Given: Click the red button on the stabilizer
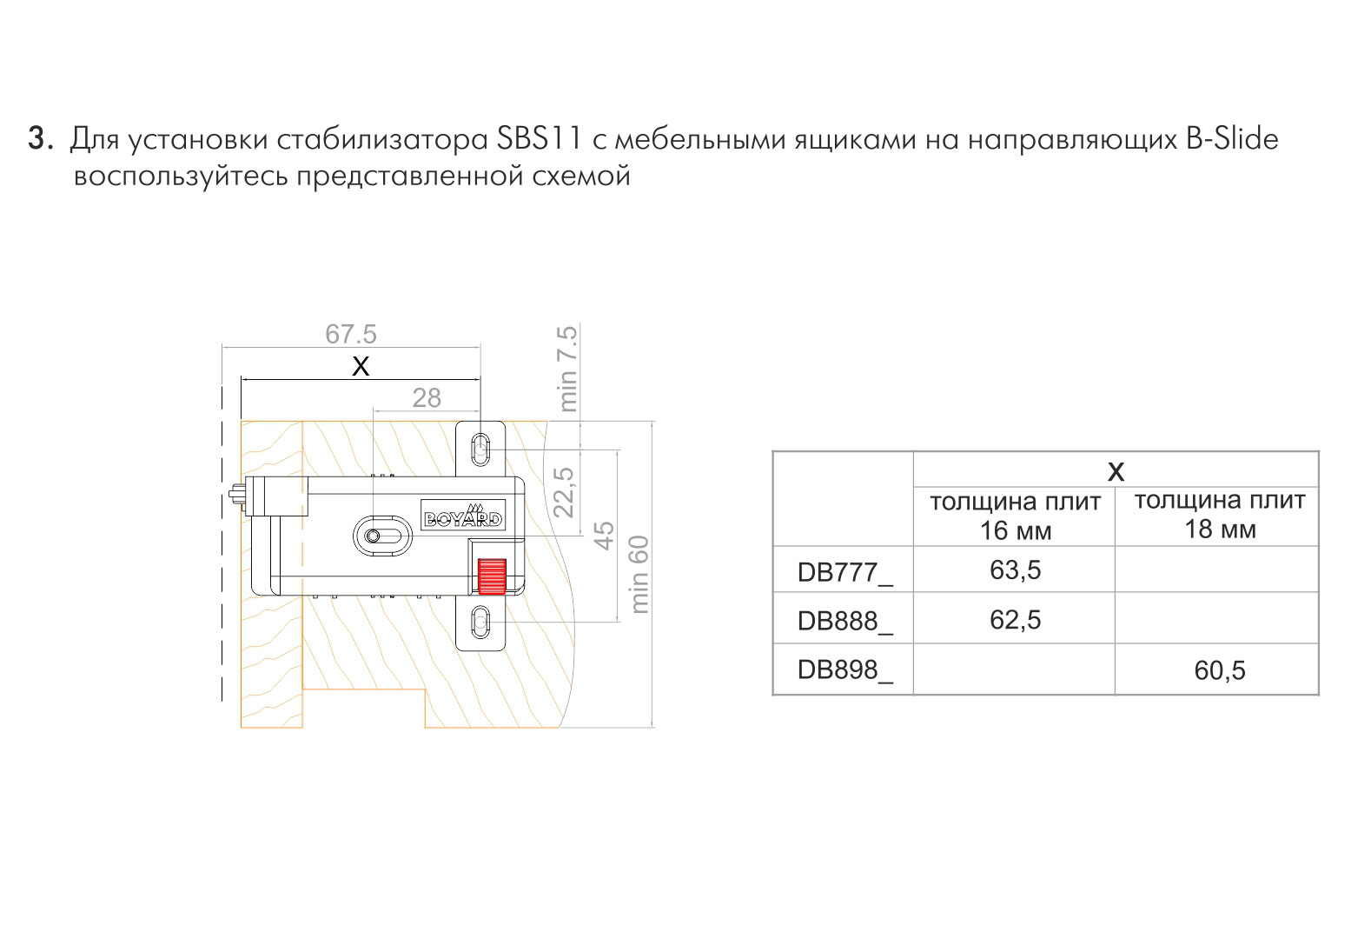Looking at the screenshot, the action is pyautogui.click(x=492, y=576).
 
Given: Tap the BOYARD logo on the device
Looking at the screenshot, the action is pyautogui.click(x=463, y=515).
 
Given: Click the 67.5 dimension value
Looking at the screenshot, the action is pyautogui.click(x=351, y=335).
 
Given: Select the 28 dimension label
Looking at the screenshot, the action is pyautogui.click(x=427, y=398).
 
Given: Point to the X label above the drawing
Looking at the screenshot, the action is pyautogui.click(x=361, y=367).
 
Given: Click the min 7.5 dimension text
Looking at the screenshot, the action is pyautogui.click(x=568, y=369).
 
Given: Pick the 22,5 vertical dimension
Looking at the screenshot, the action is pyautogui.click(x=564, y=492).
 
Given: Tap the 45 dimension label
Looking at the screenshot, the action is pyautogui.click(x=604, y=536).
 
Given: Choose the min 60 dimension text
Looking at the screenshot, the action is pyautogui.click(x=639, y=575).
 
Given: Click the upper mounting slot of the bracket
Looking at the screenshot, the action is pyautogui.click(x=481, y=450).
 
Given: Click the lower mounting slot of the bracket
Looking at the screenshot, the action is pyautogui.click(x=481, y=623).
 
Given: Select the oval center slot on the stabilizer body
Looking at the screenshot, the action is pyautogui.click(x=382, y=536).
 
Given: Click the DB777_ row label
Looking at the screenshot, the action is pyautogui.click(x=845, y=573).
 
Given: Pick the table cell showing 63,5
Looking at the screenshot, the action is pyautogui.click(x=1015, y=570).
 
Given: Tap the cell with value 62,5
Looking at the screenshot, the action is pyautogui.click(x=1015, y=620).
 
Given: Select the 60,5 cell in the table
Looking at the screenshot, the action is pyautogui.click(x=1219, y=670).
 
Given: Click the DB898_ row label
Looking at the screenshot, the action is pyautogui.click(x=845, y=670).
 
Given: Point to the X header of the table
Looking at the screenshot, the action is pyautogui.click(x=1116, y=471).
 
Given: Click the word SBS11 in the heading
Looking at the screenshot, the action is pyautogui.click(x=539, y=138).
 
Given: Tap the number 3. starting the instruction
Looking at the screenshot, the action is pyautogui.click(x=40, y=138).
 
